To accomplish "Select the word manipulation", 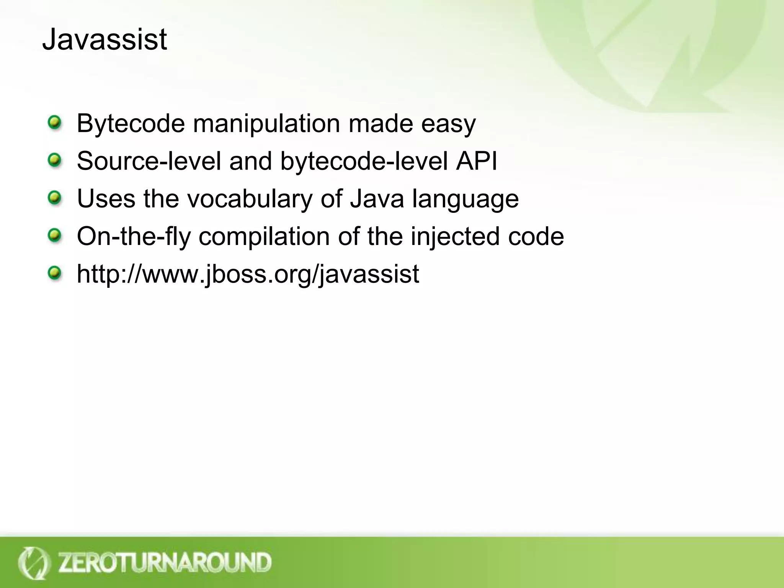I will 266,124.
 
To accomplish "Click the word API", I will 476,161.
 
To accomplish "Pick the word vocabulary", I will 250,199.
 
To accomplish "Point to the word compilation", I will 264,236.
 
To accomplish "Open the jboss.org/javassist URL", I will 248,274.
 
